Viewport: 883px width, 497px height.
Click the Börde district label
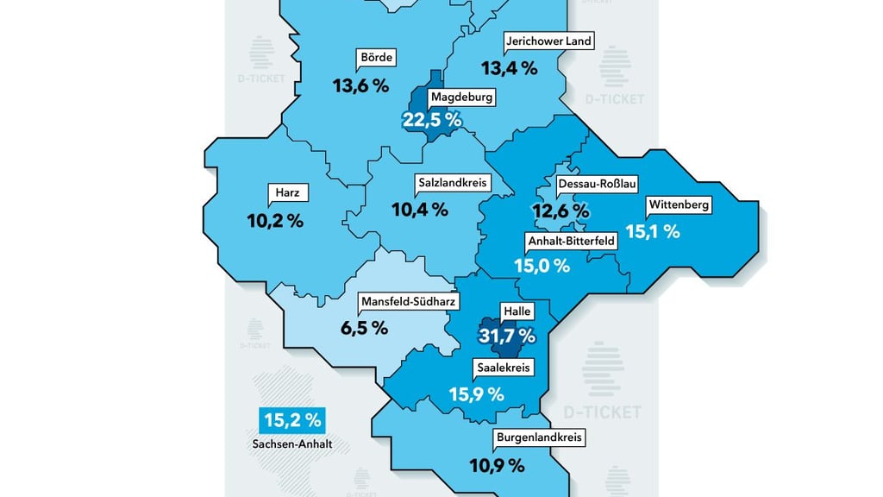[376, 59]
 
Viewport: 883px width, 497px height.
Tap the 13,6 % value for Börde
[360, 85]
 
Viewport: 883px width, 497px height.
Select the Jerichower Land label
[548, 41]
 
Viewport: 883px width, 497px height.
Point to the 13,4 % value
[509, 67]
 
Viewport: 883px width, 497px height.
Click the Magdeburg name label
[461, 98]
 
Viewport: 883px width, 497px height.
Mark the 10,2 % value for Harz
[275, 220]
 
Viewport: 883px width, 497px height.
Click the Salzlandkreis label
[453, 183]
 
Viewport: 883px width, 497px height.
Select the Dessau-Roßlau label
[598, 185]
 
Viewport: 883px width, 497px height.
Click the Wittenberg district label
[679, 205]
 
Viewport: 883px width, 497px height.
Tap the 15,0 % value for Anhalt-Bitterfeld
[542, 267]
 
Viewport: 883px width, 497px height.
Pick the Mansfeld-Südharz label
[408, 302]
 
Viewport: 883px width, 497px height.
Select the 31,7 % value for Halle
[507, 336]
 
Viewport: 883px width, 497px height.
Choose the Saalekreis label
[504, 368]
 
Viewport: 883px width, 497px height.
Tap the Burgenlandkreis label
[540, 438]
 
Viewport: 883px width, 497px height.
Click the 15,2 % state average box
[292, 420]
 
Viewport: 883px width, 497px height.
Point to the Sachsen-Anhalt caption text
[293, 445]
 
